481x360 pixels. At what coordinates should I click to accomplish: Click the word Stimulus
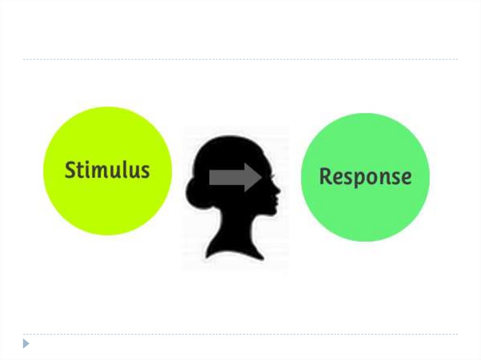point(107,170)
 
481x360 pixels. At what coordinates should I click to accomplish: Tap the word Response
point(365,177)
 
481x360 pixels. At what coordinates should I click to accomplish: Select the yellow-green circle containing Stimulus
point(108,207)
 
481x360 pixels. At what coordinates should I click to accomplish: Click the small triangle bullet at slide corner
point(26,344)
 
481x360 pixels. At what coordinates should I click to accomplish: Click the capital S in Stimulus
point(70,170)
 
